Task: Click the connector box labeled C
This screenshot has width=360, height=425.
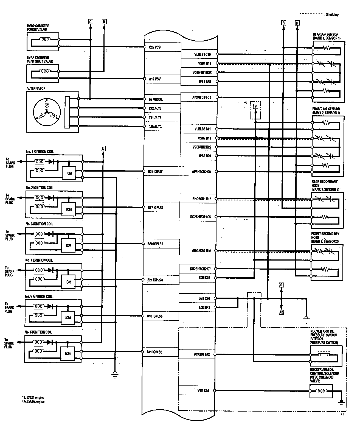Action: (x=91, y=22)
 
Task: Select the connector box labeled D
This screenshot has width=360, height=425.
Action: (x=104, y=22)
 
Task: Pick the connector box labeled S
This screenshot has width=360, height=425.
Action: (x=283, y=23)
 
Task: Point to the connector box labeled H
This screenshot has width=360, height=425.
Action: (x=297, y=23)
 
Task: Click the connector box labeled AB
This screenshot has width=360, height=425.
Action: (x=281, y=312)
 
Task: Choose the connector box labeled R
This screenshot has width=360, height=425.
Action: (x=281, y=285)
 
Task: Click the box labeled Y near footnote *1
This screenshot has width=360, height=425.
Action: (x=255, y=106)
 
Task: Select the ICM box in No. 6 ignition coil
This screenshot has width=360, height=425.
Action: (x=68, y=354)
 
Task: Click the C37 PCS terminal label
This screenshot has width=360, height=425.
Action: (x=155, y=47)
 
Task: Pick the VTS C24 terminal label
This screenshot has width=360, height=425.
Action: (x=203, y=391)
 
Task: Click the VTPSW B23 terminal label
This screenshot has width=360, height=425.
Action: (x=202, y=355)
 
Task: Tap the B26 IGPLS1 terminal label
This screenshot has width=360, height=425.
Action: (x=156, y=171)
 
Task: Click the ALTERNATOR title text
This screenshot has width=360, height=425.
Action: (x=36, y=89)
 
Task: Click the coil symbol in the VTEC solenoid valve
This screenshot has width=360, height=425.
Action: (x=320, y=390)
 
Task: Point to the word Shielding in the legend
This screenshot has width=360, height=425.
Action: (x=332, y=15)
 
